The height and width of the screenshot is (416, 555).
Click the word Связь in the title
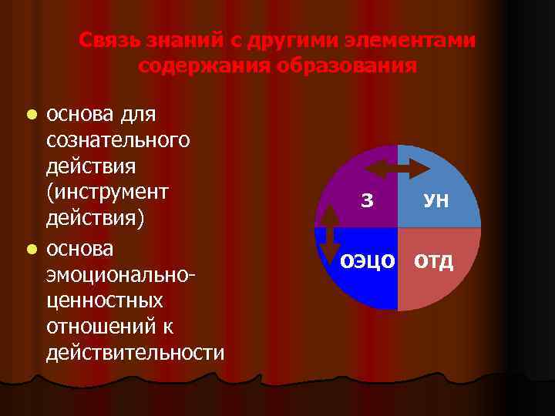point(106,39)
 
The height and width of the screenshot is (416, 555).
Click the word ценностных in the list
point(104,300)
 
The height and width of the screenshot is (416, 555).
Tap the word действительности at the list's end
point(136,353)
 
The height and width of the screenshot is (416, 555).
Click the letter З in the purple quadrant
point(367,202)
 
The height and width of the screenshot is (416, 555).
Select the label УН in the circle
point(436,203)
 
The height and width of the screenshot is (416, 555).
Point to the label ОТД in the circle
point(435,261)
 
